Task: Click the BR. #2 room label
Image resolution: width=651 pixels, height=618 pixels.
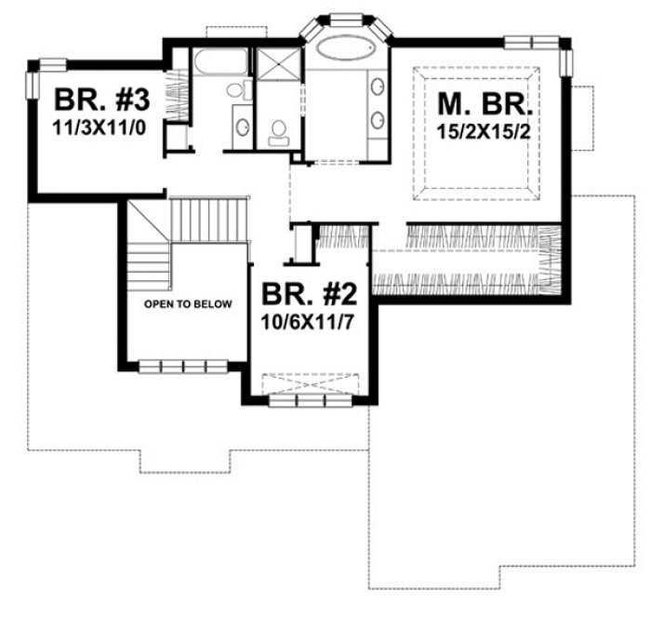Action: pyautogui.click(x=310, y=296)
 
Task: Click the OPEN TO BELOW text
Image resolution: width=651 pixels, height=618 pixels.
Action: pyautogui.click(x=187, y=304)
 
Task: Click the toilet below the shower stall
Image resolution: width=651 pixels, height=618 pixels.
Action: pyautogui.click(x=278, y=133)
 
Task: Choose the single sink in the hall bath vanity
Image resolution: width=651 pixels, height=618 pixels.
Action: pyautogui.click(x=240, y=125)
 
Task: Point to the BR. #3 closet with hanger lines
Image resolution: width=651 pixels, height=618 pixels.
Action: pyautogui.click(x=178, y=95)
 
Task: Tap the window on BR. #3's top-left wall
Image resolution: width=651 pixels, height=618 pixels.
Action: pyautogui.click(x=51, y=64)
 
